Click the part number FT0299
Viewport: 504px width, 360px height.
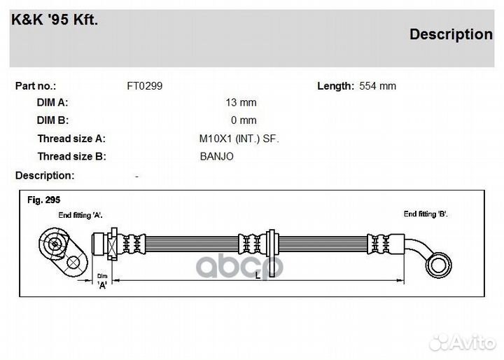pos(145,86)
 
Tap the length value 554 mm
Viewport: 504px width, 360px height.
pos(378,86)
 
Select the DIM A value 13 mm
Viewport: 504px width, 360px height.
pos(241,103)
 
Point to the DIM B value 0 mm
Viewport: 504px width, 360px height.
pos(244,120)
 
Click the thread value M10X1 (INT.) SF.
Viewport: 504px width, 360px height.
pos(239,139)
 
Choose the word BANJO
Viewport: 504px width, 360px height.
pos(216,156)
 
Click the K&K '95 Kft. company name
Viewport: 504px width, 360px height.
pos(55,20)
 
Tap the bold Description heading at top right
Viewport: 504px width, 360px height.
pos(451,34)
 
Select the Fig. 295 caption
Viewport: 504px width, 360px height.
pos(43,200)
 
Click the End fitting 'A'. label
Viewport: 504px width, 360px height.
pos(80,215)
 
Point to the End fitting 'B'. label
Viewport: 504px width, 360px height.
pos(426,214)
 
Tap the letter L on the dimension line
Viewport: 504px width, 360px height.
pos(258,275)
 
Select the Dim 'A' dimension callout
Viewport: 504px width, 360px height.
pos(102,281)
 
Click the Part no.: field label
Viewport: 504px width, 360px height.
pos(36,86)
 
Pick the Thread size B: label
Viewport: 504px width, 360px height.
pos(71,156)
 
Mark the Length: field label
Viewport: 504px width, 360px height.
pos(335,86)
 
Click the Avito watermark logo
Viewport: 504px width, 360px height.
pos(462,342)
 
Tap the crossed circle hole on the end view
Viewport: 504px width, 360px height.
pos(73,263)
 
